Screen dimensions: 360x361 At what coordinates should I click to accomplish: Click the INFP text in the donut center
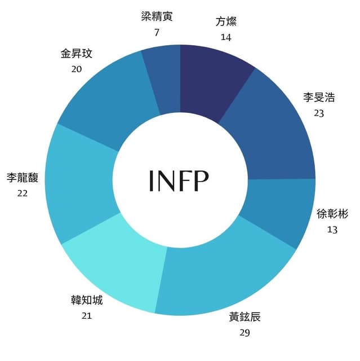point(179,180)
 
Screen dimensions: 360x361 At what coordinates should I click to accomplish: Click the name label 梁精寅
point(157,16)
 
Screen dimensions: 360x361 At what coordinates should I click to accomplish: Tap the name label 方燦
point(226,21)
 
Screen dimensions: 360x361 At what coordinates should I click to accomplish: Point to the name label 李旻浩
point(319,97)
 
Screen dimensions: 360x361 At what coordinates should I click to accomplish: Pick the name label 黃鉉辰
point(245,317)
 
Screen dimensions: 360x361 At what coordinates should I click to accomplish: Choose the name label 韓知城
point(87,300)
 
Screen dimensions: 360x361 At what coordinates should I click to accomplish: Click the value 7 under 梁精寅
point(157,33)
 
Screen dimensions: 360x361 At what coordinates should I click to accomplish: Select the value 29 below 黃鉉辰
point(245,333)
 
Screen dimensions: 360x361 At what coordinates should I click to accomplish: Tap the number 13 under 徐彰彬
point(332,230)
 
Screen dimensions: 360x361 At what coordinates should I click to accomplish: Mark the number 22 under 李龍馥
point(23,193)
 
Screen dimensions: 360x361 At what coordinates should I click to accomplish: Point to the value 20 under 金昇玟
point(76,69)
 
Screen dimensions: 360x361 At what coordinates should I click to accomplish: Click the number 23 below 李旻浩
point(319,113)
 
